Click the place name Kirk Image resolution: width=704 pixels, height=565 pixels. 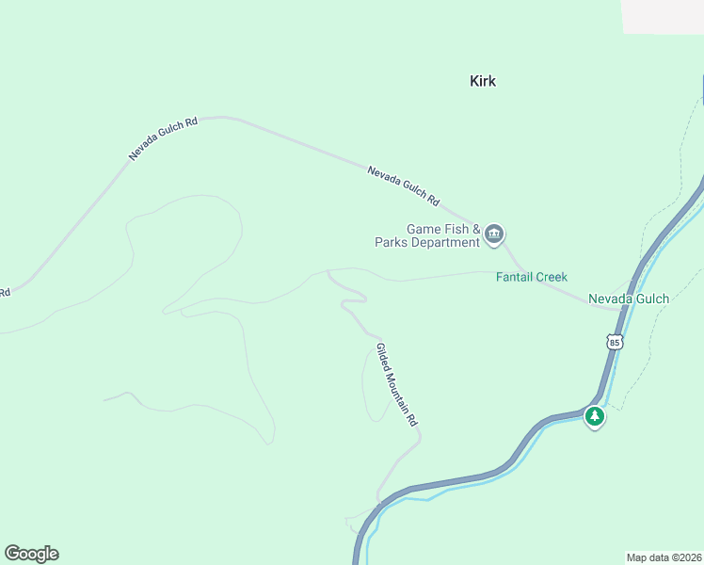pos(483,81)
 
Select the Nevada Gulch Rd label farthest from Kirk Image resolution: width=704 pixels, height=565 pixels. pos(164,138)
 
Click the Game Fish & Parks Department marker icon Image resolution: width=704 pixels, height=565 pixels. pos(494,234)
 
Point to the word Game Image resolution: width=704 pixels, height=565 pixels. pos(424,229)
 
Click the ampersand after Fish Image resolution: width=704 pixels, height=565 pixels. pos(476,229)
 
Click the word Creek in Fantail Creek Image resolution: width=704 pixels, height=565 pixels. pos(553,277)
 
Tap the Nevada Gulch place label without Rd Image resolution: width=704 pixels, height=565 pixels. pos(629,299)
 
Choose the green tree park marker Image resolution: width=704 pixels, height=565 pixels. pos(594,415)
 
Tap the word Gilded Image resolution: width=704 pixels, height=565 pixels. pos(383,357)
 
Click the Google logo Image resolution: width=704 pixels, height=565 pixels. pos(32,554)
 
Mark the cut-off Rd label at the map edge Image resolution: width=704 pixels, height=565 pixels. pos(5,292)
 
